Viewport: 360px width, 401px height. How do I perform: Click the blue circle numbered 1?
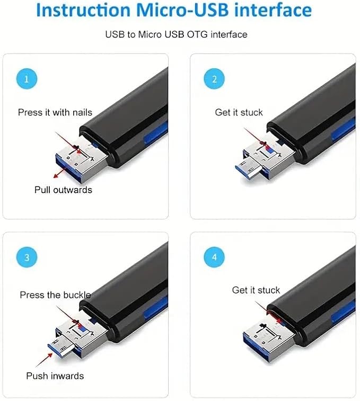[27, 79]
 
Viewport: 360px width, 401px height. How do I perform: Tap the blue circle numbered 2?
[214, 79]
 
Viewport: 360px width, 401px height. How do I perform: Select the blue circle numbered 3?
[27, 257]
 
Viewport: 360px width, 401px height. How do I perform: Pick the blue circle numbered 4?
[214, 257]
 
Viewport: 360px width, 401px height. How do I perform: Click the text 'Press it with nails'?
[55, 112]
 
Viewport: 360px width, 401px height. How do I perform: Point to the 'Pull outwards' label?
[63, 190]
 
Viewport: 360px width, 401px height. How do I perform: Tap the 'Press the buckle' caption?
[55, 295]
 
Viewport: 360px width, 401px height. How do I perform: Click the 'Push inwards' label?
[55, 376]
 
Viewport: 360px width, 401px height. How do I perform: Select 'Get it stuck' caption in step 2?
[239, 112]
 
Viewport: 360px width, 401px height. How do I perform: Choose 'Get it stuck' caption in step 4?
[256, 290]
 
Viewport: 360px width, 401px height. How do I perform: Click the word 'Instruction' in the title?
[83, 10]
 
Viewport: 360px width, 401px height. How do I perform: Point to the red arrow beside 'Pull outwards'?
[60, 173]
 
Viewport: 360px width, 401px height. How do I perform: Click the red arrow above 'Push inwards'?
[44, 360]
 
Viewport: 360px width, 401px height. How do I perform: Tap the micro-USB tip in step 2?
[247, 168]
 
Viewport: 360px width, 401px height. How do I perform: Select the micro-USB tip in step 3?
[60, 346]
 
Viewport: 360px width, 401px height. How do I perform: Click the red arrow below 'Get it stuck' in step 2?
[256, 139]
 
